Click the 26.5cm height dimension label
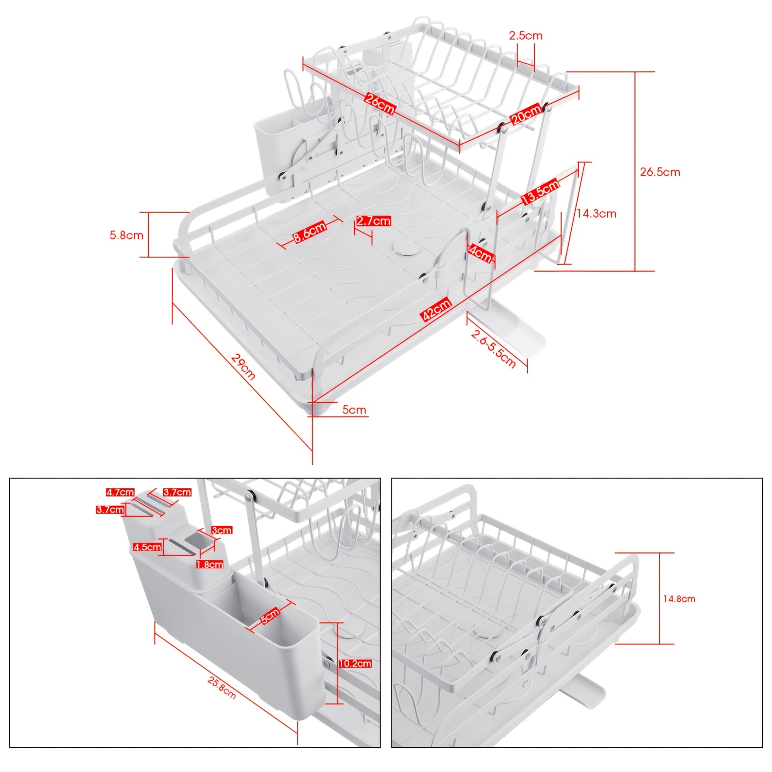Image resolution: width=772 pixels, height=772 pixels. pos(660,172)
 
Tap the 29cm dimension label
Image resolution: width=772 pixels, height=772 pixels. pos(243,367)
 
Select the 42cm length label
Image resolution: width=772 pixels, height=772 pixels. pos(437,309)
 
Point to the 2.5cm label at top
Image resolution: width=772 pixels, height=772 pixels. pos(525,35)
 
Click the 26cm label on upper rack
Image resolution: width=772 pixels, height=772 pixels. pos(380,104)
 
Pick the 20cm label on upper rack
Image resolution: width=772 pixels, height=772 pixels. pos(526,114)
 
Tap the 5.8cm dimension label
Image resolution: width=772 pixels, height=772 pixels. pos(126,235)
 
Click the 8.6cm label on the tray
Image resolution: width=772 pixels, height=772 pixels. pos(310,232)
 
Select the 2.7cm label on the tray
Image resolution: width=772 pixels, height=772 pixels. pos(373,221)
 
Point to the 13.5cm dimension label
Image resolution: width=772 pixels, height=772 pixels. pos(540,192)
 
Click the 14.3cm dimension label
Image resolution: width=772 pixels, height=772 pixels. pos(596,213)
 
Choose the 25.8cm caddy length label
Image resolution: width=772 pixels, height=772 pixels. pos(222,688)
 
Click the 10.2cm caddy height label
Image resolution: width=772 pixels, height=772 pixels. pos(355,663)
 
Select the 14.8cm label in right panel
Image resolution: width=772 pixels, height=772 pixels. pos(679,599)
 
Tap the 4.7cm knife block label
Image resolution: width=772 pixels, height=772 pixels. pos(120,492)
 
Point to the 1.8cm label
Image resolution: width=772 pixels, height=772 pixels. pos(210,564)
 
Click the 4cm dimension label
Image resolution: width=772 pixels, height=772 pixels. pos(481,253)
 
